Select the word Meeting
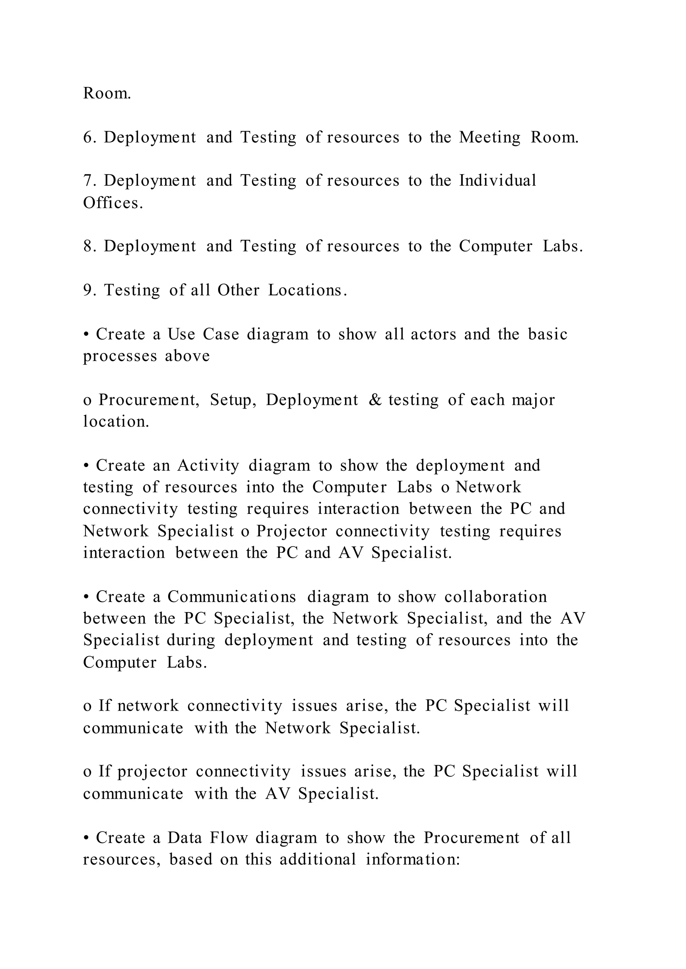pos(490,138)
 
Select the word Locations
pos(307,290)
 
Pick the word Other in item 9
pos(238,290)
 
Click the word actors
pos(433,334)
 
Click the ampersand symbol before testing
pos(375,400)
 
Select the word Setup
pos(233,400)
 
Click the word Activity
pos(208,465)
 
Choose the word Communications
pos(232,597)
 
